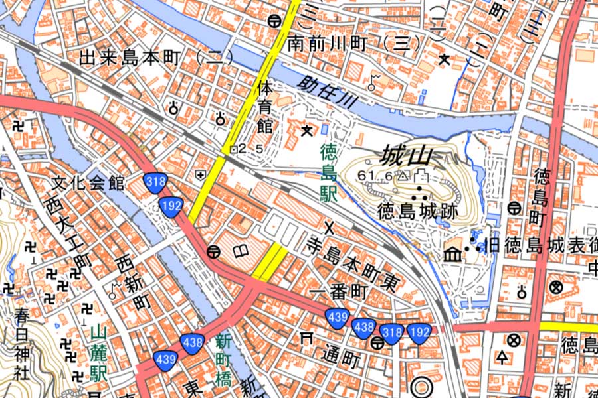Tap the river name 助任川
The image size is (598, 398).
tap(328, 94)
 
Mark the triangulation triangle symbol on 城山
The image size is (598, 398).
tap(403, 176)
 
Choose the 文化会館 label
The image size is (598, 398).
tap(88, 184)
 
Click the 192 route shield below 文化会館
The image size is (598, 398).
tap(171, 206)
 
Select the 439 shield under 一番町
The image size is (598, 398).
tap(337, 317)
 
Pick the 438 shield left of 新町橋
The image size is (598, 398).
tap(192, 342)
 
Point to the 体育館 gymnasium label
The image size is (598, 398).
tap(265, 105)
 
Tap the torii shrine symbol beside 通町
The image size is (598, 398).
tap(307, 338)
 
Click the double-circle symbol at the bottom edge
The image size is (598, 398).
tap(421, 387)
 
